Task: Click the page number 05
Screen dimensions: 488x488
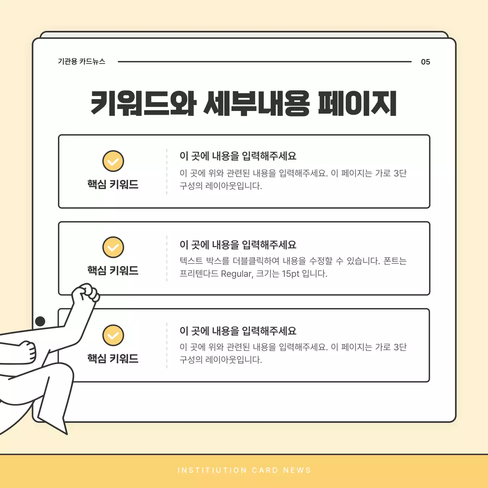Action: point(425,62)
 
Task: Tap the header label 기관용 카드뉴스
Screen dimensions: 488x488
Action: point(82,61)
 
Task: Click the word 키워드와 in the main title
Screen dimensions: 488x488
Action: point(143,103)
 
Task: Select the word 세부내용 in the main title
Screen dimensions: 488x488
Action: point(257,103)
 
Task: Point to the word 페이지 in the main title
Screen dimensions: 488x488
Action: point(357,103)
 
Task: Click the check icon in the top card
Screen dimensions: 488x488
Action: point(113,161)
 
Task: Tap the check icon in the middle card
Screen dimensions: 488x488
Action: point(113,247)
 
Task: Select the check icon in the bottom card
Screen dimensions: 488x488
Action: point(113,335)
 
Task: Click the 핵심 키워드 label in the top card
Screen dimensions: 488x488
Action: point(113,185)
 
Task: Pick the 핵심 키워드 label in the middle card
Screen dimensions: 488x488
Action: point(113,271)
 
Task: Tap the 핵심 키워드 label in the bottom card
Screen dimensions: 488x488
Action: point(113,358)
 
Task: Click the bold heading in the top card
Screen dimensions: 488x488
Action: point(238,156)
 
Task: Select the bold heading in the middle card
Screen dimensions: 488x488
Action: point(238,245)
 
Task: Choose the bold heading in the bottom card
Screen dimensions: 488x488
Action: point(238,331)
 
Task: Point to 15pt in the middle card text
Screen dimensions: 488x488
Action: point(291,274)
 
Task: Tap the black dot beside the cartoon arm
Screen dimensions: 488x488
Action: point(40,321)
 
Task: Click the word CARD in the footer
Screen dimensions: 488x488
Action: point(265,470)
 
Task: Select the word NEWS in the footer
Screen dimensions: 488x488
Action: point(297,470)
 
